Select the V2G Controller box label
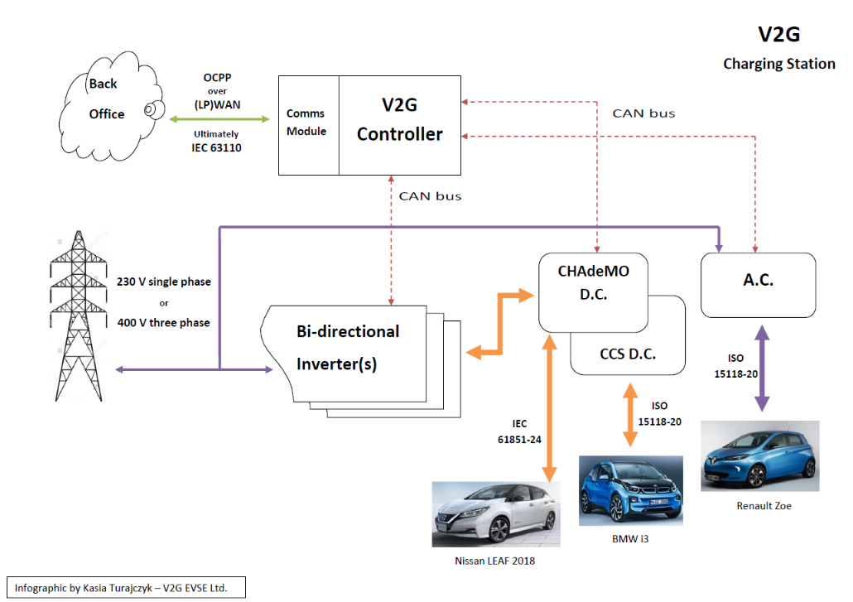[399, 119]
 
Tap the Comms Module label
[306, 122]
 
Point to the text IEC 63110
[217, 148]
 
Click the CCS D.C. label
[628, 354]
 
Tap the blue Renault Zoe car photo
[759, 457]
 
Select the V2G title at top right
[778, 34]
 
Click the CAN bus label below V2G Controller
[430, 196]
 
